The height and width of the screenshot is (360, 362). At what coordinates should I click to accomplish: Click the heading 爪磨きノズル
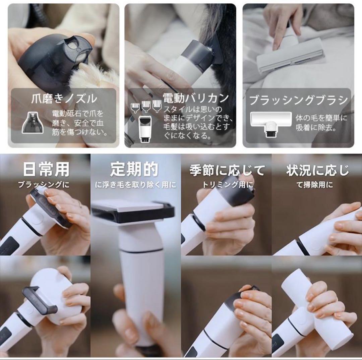click(x=64, y=99)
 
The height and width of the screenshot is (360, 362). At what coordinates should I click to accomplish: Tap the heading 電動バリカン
click(x=196, y=98)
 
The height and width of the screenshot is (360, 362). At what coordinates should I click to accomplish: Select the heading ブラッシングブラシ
click(x=298, y=100)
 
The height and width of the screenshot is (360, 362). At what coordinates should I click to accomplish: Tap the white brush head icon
click(x=271, y=123)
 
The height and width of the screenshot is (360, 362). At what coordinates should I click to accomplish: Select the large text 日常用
click(x=46, y=170)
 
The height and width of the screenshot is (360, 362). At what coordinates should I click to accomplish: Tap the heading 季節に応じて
click(x=227, y=170)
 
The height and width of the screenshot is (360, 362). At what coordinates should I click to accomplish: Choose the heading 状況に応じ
click(x=317, y=170)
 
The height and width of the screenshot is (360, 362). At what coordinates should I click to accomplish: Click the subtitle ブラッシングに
click(x=44, y=185)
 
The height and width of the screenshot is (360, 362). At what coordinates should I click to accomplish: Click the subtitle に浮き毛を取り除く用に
click(x=135, y=185)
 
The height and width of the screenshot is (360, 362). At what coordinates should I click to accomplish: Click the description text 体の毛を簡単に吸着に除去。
click(x=321, y=122)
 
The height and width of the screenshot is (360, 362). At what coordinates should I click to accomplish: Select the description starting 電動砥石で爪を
click(x=80, y=122)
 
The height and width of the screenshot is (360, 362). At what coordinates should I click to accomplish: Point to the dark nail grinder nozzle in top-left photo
click(x=55, y=59)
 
